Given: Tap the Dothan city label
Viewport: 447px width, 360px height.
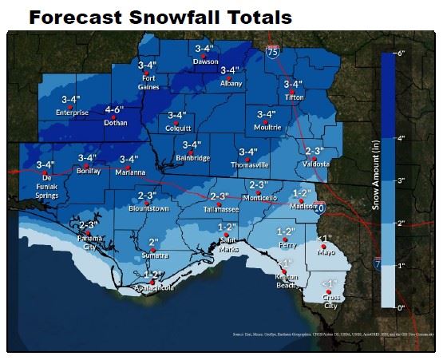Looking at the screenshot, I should [x=116, y=123].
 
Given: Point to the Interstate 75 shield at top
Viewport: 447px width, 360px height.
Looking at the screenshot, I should [x=273, y=52].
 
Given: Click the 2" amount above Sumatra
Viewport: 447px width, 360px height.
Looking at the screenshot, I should [x=153, y=241].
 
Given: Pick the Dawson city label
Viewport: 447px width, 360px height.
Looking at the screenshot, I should [x=206, y=61].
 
